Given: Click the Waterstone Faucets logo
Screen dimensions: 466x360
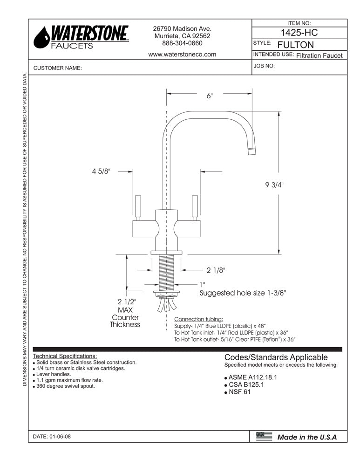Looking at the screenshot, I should [x=82, y=37].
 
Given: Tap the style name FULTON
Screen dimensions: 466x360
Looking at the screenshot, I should [x=295, y=45].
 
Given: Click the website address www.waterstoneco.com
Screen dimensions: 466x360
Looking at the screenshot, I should [x=182, y=54].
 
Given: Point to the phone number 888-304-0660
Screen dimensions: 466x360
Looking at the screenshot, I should [x=182, y=43].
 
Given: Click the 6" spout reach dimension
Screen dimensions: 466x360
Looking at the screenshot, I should [x=210, y=96].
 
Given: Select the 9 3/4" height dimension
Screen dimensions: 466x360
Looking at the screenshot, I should [x=274, y=185].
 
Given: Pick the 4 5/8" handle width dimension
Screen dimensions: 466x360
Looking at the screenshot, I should [x=101, y=171].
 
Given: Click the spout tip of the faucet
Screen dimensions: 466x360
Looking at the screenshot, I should [x=251, y=151].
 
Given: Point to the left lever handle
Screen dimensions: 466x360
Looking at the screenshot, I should [x=138, y=207].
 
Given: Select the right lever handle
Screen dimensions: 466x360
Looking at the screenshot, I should [x=195, y=207].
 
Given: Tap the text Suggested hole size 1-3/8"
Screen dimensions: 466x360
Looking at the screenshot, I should [x=242, y=293].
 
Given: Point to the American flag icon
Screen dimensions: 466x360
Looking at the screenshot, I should [x=264, y=437].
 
